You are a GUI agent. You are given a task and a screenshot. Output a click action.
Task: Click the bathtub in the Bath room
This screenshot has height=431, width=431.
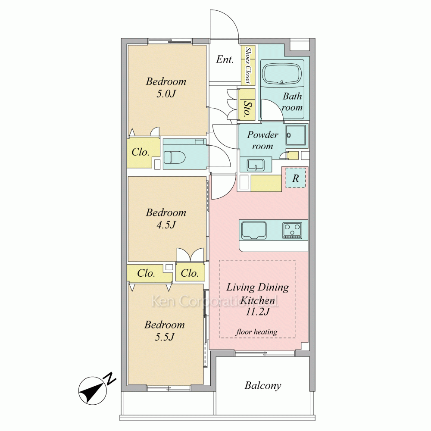pyautogui.click(x=282, y=73)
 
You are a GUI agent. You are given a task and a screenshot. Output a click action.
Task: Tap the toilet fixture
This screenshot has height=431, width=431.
pyautogui.click(x=175, y=157)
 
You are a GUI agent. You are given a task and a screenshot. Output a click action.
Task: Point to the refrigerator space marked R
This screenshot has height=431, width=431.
pyautogui.click(x=296, y=178)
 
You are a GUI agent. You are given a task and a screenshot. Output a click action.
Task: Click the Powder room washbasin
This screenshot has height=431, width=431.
pyautogui.click(x=256, y=165)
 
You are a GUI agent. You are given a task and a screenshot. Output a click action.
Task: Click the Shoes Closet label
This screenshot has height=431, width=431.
pyautogui.click(x=248, y=65)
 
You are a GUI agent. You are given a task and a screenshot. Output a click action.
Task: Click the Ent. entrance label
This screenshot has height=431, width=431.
pyautogui.click(x=225, y=59)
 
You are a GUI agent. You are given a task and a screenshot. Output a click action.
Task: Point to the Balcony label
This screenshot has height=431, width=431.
pyautogui.click(x=263, y=386)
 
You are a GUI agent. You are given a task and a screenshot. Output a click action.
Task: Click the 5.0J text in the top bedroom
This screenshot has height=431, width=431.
pyautogui.click(x=166, y=94)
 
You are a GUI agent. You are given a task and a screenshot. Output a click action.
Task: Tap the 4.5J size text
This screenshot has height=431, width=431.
pyautogui.click(x=166, y=225)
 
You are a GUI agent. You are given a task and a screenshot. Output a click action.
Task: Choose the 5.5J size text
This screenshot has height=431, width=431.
pyautogui.click(x=165, y=337)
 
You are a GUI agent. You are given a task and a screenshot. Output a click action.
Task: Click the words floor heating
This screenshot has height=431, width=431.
pyautogui.click(x=256, y=332)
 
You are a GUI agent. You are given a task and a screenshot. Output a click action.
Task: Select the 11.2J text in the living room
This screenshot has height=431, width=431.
pyautogui.click(x=258, y=312)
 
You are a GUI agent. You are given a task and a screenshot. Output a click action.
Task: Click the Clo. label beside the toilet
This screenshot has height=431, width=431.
pyautogui.click(x=140, y=152)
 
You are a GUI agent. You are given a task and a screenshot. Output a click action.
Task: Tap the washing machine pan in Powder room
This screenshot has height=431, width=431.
pyautogui.click(x=296, y=135)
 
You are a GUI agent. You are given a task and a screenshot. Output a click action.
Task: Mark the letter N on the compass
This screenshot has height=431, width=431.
pyautogui.click(x=110, y=379)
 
